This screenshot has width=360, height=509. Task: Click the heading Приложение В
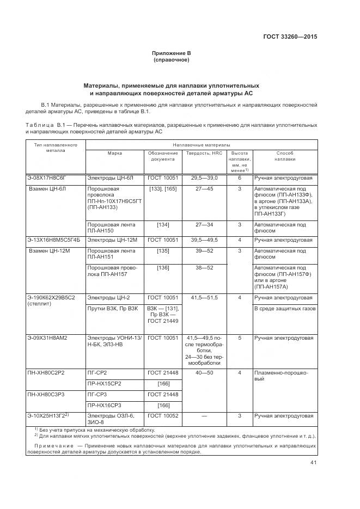pos(172,53)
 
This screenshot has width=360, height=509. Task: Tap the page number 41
pos(313,463)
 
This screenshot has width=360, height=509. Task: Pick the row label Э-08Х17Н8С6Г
pos(47,178)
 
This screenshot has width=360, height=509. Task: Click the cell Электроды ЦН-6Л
pos(111,178)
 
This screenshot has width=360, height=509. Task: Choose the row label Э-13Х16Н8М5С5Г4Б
pos(54,240)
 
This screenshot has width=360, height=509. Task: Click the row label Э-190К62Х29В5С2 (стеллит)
pos(51,301)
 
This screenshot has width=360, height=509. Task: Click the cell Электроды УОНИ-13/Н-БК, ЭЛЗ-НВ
pos(114,341)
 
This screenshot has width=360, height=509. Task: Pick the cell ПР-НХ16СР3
pos(103,405)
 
